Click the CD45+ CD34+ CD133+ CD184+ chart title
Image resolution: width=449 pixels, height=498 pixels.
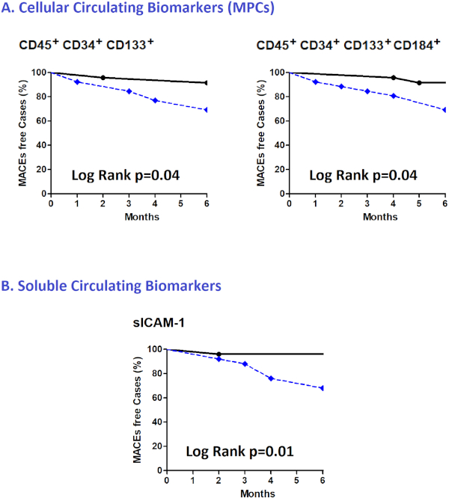click(x=347, y=46)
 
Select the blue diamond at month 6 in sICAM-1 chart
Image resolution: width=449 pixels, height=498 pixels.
click(x=323, y=388)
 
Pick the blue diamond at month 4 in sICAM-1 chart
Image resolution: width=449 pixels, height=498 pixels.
click(x=270, y=378)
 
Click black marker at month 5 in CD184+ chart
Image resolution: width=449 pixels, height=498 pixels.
click(x=419, y=83)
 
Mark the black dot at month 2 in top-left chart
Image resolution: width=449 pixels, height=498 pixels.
click(x=103, y=78)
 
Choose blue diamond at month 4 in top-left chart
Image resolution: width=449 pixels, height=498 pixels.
click(x=155, y=100)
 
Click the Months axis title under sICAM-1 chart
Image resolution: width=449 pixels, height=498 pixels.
click(x=244, y=494)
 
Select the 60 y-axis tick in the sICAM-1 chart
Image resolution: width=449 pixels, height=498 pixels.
click(x=156, y=398)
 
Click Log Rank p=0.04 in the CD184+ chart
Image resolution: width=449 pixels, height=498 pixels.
click(x=363, y=175)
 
